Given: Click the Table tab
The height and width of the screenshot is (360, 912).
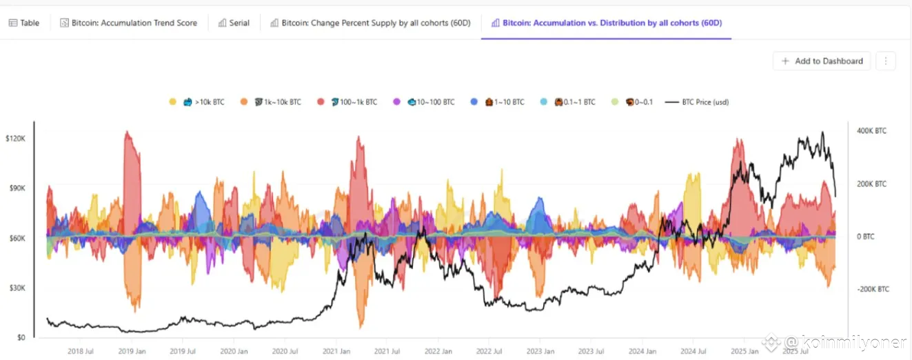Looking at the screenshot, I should click(24, 23).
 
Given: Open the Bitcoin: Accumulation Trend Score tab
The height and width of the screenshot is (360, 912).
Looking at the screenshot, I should click(128, 23).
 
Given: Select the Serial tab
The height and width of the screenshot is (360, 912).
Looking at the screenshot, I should click(234, 23).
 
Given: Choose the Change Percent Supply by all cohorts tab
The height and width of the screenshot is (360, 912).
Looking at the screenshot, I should click(371, 23).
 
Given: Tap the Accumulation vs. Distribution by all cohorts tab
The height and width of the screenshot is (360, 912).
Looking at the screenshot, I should click(606, 23).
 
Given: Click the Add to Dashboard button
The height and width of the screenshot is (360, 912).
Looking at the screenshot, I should click(822, 61).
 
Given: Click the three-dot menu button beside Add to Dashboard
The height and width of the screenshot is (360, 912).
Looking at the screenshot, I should click(886, 61).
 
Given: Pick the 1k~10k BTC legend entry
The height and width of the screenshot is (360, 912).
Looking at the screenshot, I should click(277, 102).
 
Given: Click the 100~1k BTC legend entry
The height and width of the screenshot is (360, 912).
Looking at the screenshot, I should click(353, 102).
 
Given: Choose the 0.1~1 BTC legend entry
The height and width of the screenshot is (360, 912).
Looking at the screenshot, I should click(574, 102).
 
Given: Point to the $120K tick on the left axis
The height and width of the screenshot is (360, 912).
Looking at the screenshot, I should click(15, 139).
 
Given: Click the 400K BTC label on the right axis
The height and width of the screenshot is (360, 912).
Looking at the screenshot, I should click(871, 130).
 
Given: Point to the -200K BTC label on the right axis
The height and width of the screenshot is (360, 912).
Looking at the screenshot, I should click(873, 289).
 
